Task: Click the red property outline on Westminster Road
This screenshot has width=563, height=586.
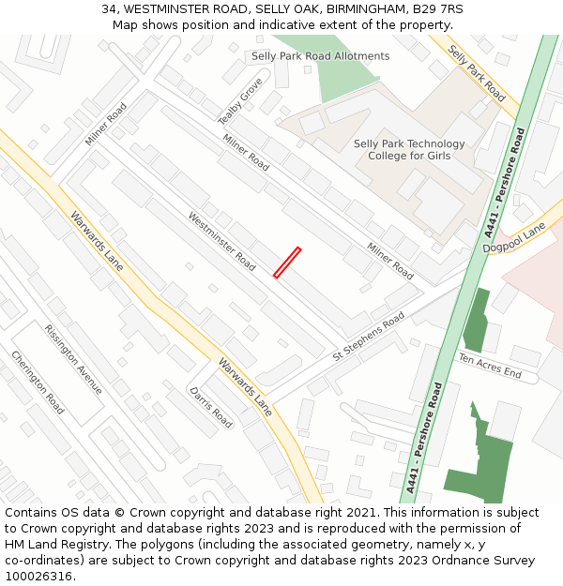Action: coord(287,263)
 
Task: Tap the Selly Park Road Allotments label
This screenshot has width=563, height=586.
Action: coord(320,56)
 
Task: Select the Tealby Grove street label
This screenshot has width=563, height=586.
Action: coord(240,101)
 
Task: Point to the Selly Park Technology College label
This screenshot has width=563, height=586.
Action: coord(409,150)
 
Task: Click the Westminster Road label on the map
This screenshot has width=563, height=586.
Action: coord(221,242)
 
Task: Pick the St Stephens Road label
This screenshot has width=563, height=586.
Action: coord(369,338)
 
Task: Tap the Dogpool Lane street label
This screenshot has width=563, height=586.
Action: coord(513,238)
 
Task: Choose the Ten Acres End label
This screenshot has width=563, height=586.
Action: coord(489,367)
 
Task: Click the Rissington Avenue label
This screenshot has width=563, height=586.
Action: coord(73,360)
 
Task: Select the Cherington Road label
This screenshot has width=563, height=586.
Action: coord(38,382)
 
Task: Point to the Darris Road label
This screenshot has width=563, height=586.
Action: coord(210,407)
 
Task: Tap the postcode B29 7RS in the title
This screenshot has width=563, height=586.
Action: coord(440,9)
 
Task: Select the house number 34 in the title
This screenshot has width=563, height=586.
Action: coord(109,9)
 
